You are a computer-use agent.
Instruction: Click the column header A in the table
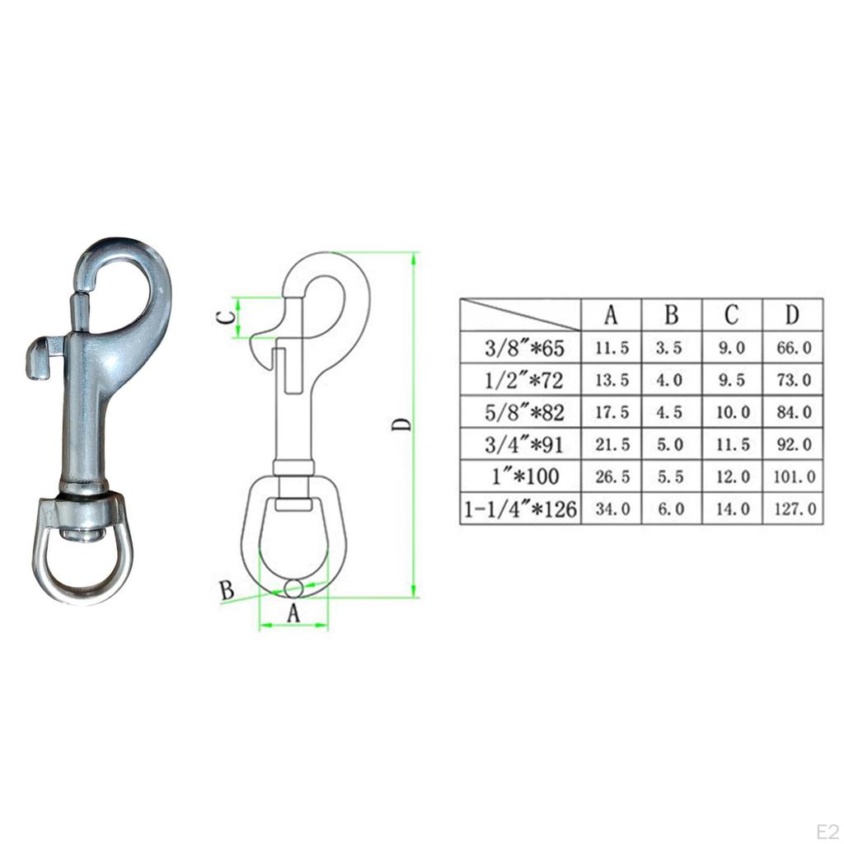(612, 315)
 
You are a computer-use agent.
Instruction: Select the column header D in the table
(793, 315)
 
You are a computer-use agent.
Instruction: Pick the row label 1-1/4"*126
(521, 509)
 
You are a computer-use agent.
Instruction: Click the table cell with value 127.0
(793, 509)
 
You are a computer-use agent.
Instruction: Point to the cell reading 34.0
(612, 509)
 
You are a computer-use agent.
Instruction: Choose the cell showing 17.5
(612, 412)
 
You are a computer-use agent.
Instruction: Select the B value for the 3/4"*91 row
(672, 445)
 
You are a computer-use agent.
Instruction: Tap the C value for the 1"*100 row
(732, 476)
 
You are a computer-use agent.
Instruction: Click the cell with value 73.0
(793, 381)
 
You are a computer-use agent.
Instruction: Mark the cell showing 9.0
(732, 349)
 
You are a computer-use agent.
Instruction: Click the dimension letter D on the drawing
(401, 424)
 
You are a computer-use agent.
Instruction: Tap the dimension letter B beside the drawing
(227, 591)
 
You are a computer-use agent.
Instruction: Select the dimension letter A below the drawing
(293, 614)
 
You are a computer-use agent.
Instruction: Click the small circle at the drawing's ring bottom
(293, 588)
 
